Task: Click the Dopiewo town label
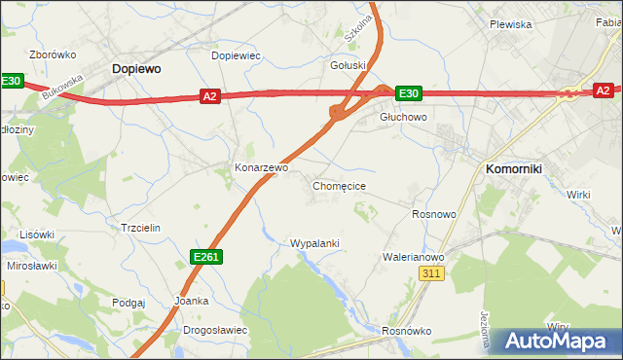coord(136,69)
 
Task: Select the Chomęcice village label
coord(339,185)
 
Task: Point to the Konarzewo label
coord(261,167)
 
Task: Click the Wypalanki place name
coord(314,243)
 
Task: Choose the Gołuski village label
coord(348,65)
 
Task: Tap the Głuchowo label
coord(403,116)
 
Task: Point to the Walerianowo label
coord(413,257)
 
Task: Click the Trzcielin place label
coord(139,227)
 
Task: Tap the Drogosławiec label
coord(215,330)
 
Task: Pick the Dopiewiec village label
coord(237,55)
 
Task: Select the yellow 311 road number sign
coord(433,275)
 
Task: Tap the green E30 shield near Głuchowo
coord(408,93)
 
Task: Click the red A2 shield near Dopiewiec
coord(210,95)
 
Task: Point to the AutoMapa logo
coord(559,342)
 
